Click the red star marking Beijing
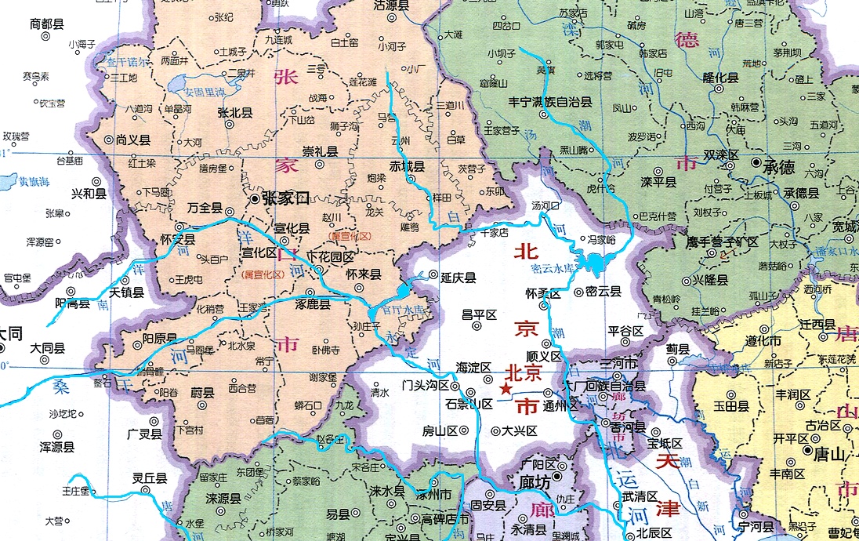pyautogui.click(x=506, y=389)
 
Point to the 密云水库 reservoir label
pyautogui.click(x=553, y=268)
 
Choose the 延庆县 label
pyautogui.click(x=458, y=278)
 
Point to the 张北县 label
pyautogui.click(x=235, y=113)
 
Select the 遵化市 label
pyautogui.click(x=741, y=341)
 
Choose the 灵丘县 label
pyautogui.click(x=149, y=477)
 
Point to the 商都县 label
pyautogui.click(x=45, y=24)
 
